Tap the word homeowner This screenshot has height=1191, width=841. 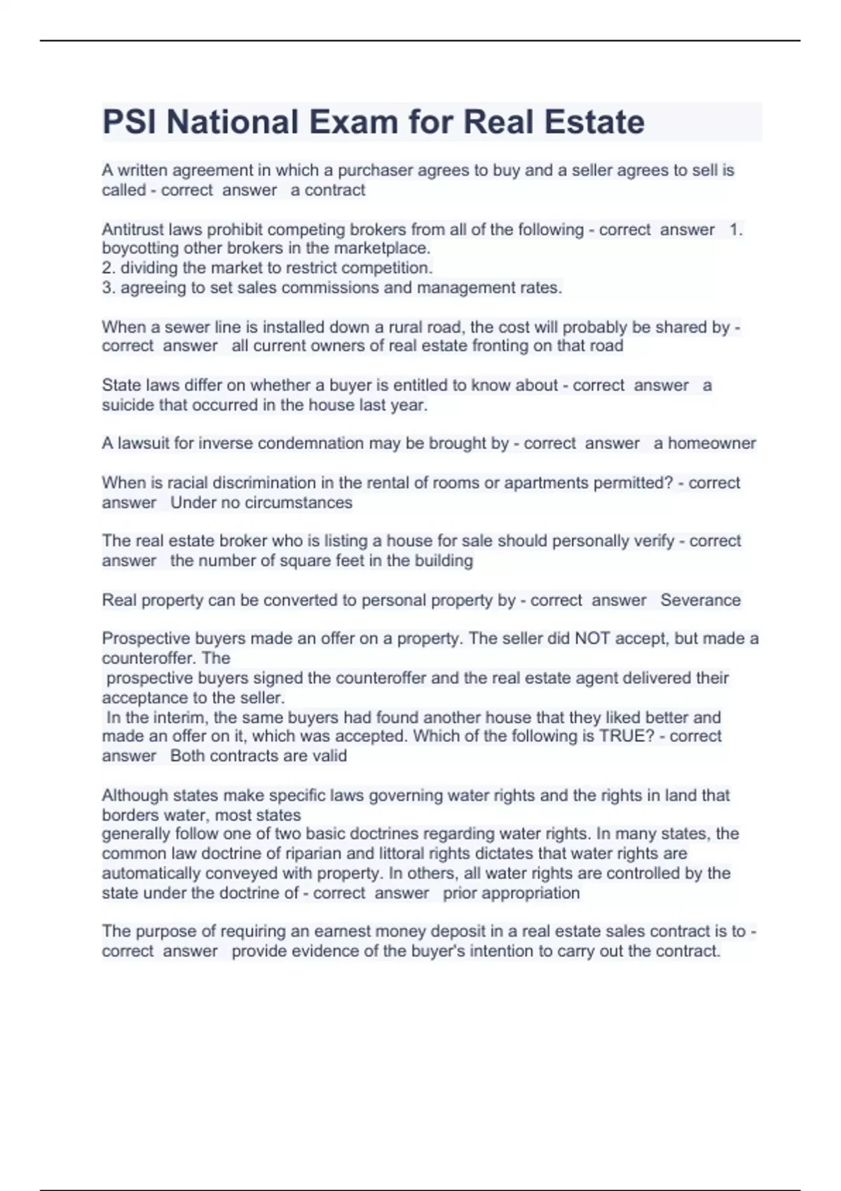pyautogui.click(x=711, y=443)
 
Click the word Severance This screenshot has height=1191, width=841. pyautogui.click(x=700, y=600)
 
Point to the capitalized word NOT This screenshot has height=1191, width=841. pyautogui.click(x=592, y=639)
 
